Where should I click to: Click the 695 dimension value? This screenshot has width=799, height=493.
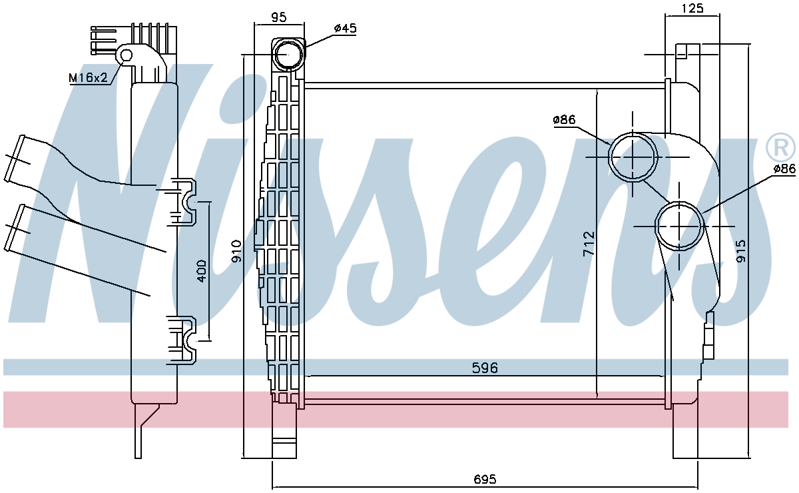(485, 479)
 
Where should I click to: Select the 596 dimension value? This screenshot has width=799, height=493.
(485, 368)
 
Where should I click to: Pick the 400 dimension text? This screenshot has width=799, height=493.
(202, 272)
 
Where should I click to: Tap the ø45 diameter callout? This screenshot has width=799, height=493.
(346, 28)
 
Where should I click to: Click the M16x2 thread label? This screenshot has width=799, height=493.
(89, 78)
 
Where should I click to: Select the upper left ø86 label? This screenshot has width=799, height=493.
(563, 121)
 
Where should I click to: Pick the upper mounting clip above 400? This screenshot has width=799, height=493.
(183, 200)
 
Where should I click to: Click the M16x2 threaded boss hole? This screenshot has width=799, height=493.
(126, 55)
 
